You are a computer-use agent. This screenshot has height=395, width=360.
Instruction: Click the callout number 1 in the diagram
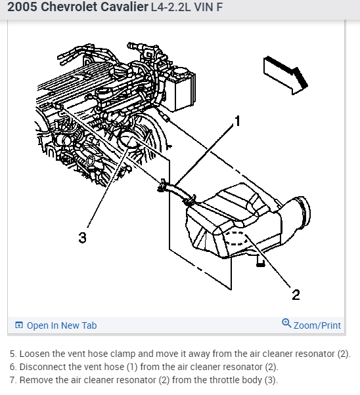pos(237,121)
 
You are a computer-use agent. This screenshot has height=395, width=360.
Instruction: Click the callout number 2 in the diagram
pos(296,295)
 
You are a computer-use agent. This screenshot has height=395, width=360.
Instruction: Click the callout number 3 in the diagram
pos(83,238)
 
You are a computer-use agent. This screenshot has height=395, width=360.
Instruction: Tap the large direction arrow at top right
pos(285,75)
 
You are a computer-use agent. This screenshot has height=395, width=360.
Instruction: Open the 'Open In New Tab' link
pos(62,325)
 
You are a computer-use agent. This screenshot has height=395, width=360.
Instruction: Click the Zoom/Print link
pos(317,325)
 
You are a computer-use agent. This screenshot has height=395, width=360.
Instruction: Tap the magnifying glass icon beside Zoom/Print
pos(286,323)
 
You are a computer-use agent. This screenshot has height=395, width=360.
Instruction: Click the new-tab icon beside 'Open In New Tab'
pos(19,325)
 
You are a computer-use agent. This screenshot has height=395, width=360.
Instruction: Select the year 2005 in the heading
pos(22,7)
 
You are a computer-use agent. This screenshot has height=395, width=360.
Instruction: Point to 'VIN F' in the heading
pos(208,7)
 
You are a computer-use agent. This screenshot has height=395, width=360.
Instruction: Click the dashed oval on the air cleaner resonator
pos(236,238)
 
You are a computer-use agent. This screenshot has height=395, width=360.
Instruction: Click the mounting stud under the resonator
pos(260,260)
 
